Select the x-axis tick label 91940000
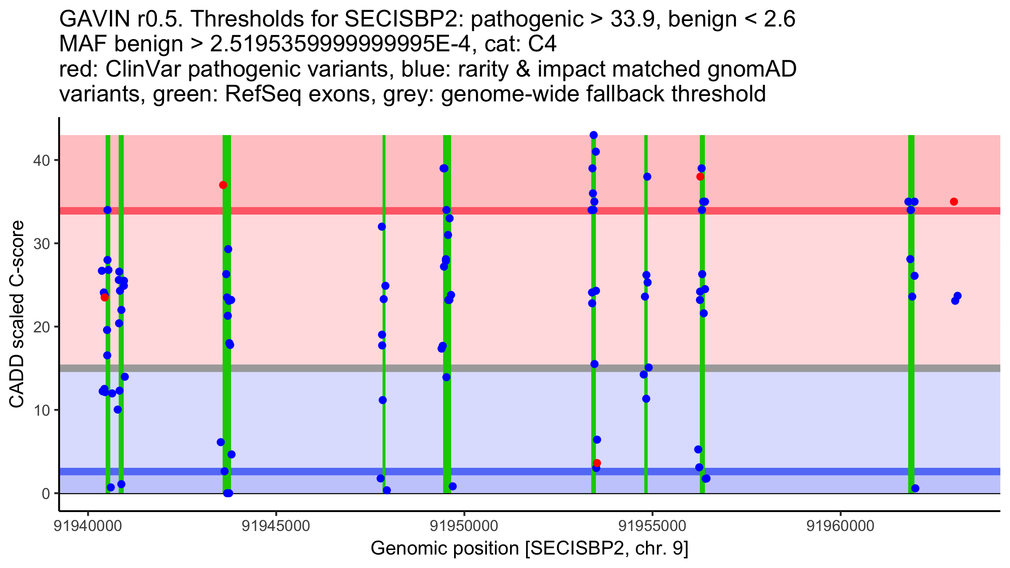tap(88, 526)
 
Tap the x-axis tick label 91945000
tap(276, 526)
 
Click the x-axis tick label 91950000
tap(464, 526)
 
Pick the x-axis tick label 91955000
tap(652, 526)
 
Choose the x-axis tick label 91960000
tap(840, 526)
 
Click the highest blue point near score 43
tap(593, 135)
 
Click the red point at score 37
tap(223, 185)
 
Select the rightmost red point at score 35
tap(954, 202)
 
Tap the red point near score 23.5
tap(104, 297)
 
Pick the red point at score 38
tap(700, 177)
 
